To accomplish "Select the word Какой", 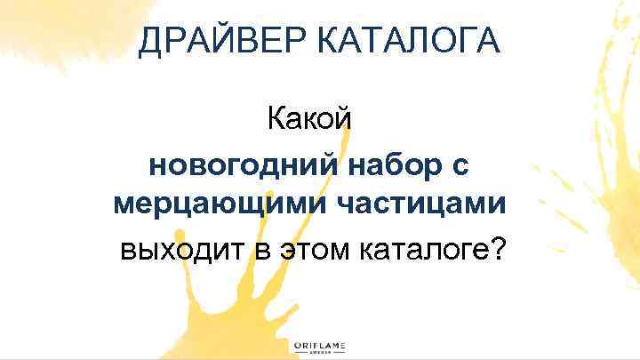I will click(x=310, y=120).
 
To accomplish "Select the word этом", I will click(x=315, y=249).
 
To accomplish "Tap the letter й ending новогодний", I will click(x=326, y=165).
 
